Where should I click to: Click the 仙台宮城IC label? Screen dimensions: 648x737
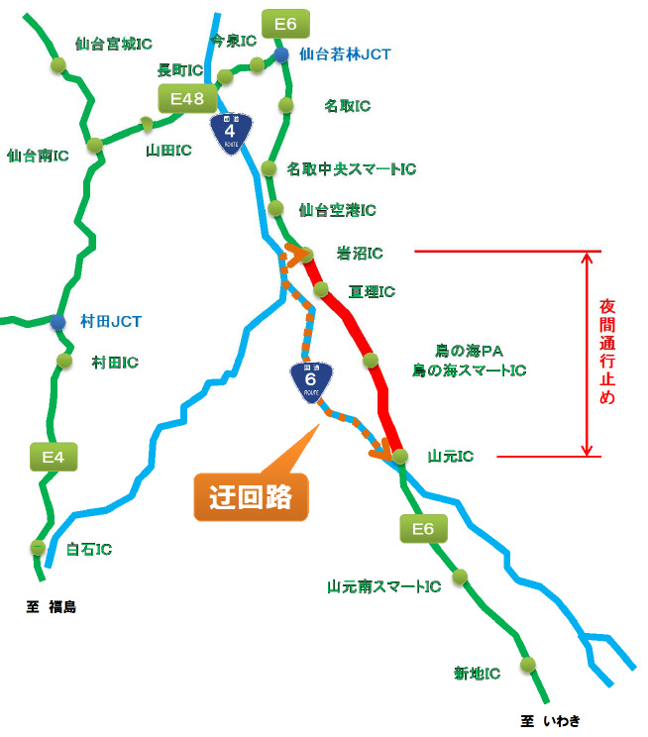point(114,45)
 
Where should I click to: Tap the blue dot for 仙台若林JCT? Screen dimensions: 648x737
point(282,54)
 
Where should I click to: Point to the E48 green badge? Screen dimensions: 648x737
point(187,98)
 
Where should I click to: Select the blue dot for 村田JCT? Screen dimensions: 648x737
point(59,322)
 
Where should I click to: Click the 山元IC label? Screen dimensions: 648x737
point(451,457)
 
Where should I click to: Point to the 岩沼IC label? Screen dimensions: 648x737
point(361,255)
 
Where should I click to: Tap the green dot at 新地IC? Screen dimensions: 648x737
point(528,664)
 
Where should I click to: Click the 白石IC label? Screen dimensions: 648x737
point(88,548)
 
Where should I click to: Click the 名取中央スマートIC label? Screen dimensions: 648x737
point(352,169)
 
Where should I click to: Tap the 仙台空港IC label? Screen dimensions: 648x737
point(337,211)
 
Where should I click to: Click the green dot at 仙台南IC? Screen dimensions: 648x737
point(95,146)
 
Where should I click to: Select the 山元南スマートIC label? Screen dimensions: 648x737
point(384,586)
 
